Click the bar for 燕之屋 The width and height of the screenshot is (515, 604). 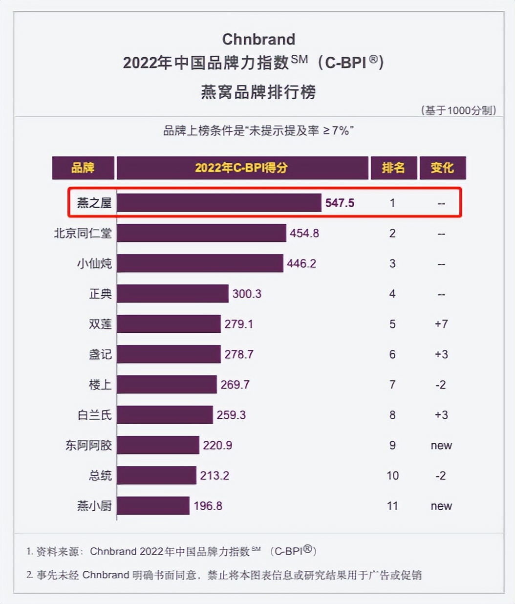(218, 203)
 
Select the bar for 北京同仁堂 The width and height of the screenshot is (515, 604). (201, 233)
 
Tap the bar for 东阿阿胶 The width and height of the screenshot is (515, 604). (158, 445)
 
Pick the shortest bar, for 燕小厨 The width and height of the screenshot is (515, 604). (153, 506)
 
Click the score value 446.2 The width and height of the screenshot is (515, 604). (301, 264)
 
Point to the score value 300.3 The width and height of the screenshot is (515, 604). (247, 294)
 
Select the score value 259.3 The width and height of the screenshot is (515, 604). (231, 415)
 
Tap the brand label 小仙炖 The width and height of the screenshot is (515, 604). (94, 264)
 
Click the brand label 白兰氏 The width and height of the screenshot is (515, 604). (94, 415)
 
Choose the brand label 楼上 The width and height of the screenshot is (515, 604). (100, 385)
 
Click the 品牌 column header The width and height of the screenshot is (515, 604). (83, 168)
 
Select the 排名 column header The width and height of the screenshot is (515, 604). (393, 168)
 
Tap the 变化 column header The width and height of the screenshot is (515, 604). (442, 168)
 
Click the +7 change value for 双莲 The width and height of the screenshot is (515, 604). (441, 324)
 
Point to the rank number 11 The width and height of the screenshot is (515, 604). (392, 506)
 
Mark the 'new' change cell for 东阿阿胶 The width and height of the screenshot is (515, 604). (441, 446)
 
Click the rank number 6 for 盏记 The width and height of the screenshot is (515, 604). (392, 354)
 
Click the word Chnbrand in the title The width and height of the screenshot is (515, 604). (258, 39)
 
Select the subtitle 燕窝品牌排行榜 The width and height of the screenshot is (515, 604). (258, 92)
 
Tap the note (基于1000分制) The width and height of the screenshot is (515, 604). (458, 110)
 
